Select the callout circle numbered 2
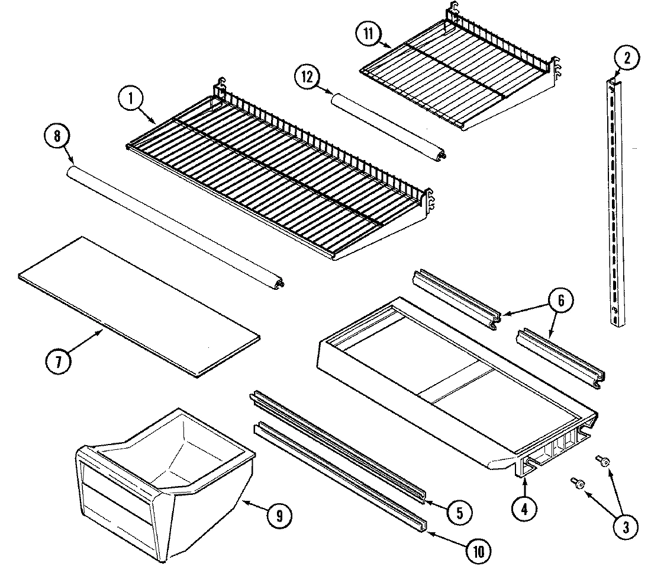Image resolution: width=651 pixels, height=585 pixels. pyautogui.click(x=627, y=58)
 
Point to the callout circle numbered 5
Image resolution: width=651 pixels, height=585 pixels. pyautogui.click(x=459, y=510)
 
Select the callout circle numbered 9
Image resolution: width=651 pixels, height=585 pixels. pyautogui.click(x=279, y=516)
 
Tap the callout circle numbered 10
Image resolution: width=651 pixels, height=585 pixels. pyautogui.click(x=478, y=552)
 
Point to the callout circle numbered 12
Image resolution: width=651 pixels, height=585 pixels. pyautogui.click(x=308, y=78)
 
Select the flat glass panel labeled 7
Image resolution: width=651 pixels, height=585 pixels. pyautogui.click(x=139, y=305)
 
